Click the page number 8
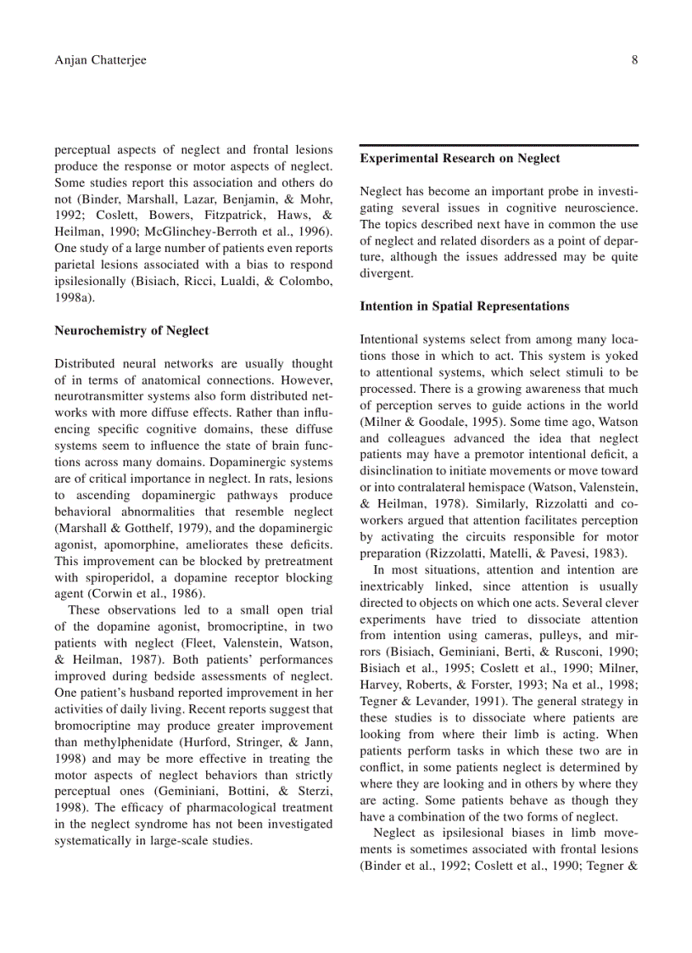[634, 60]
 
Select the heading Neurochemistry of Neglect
[131, 331]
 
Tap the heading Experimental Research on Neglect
[460, 158]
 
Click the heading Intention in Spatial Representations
[464, 306]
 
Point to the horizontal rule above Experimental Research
[499, 145]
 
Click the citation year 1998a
[75, 298]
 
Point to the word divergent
[385, 273]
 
